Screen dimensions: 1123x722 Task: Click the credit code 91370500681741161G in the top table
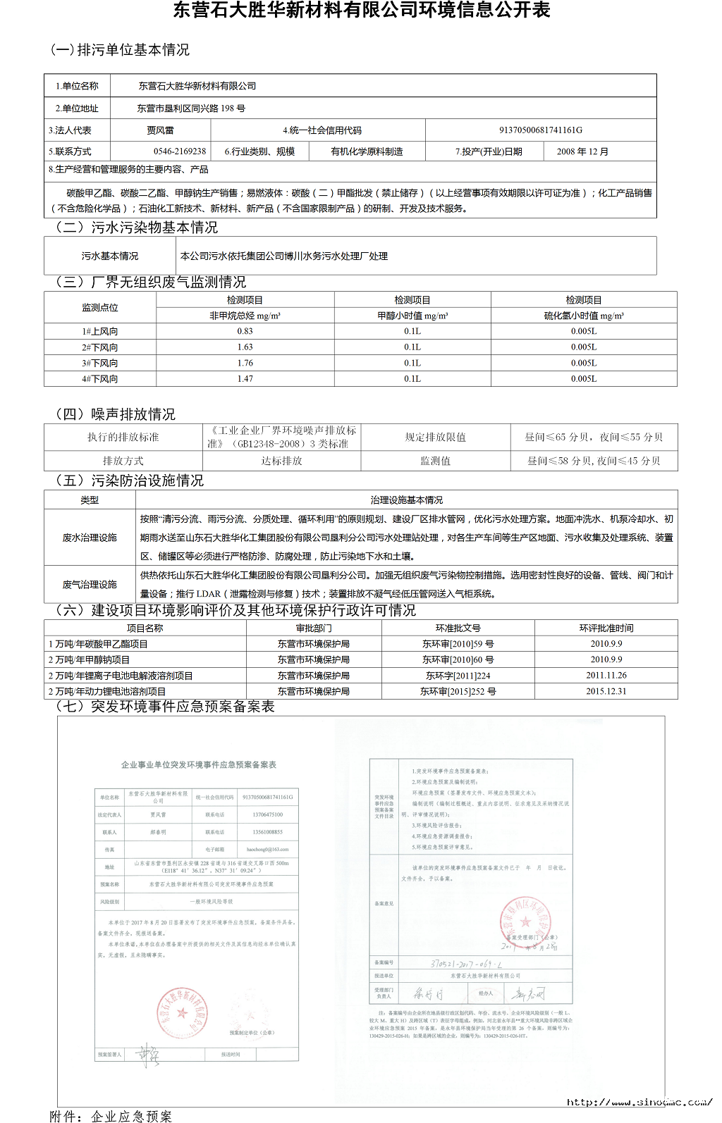[541, 130]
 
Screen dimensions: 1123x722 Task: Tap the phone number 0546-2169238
[180, 151]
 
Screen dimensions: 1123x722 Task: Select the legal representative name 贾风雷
[160, 130]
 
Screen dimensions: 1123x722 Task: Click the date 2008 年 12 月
[582, 151]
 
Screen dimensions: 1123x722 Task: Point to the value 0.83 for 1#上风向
[245, 331]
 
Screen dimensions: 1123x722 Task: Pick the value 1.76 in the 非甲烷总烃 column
[245, 363]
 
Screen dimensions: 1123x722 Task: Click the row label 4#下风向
[99, 379]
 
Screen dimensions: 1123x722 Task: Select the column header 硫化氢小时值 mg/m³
[584, 316]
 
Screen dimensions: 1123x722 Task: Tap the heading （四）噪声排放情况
[115, 414]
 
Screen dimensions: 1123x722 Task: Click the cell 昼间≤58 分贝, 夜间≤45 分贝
[594, 461]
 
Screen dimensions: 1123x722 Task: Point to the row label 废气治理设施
[90, 584]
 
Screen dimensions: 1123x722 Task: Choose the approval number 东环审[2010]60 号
[458, 659]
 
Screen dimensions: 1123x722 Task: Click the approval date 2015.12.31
[606, 691]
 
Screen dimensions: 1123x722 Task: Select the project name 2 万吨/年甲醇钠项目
[89, 659]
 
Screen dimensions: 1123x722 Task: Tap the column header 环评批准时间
[606, 628]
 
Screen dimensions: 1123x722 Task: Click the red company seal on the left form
[183, 1013]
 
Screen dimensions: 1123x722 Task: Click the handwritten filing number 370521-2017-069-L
[466, 963]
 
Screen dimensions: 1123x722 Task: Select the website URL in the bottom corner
[640, 1102]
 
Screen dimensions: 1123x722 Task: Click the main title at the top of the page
[361, 11]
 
